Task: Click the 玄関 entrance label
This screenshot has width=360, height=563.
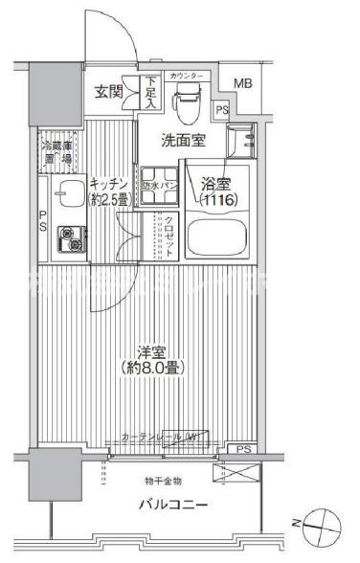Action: pos(107,92)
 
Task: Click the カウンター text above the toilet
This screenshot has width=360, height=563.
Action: pos(188,76)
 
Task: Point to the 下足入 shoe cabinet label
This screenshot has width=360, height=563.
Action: pos(151,93)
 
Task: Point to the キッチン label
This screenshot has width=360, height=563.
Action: pos(107,181)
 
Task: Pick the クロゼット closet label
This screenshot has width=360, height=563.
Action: pos(169,233)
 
